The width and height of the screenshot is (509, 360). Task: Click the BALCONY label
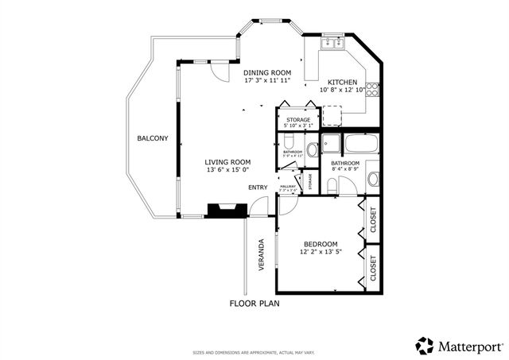click(x=153, y=138)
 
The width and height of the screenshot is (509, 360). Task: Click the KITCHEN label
click(x=342, y=82)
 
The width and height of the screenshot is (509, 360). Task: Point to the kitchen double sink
click(x=332, y=44)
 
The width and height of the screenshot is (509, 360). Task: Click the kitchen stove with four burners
click(x=371, y=89)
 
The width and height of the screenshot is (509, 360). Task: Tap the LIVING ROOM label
click(x=228, y=161)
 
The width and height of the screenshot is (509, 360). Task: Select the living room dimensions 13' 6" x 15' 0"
click(x=228, y=170)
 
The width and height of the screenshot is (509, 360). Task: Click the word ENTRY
click(x=258, y=188)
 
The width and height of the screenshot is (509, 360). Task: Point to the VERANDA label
click(x=260, y=255)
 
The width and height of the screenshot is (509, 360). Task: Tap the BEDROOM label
click(x=321, y=244)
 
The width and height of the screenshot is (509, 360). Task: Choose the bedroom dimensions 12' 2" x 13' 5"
click(x=321, y=253)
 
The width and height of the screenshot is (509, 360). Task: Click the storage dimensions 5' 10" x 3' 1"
click(x=298, y=126)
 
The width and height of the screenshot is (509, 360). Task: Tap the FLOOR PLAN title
click(x=254, y=304)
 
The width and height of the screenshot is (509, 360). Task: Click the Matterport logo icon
click(x=425, y=345)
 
